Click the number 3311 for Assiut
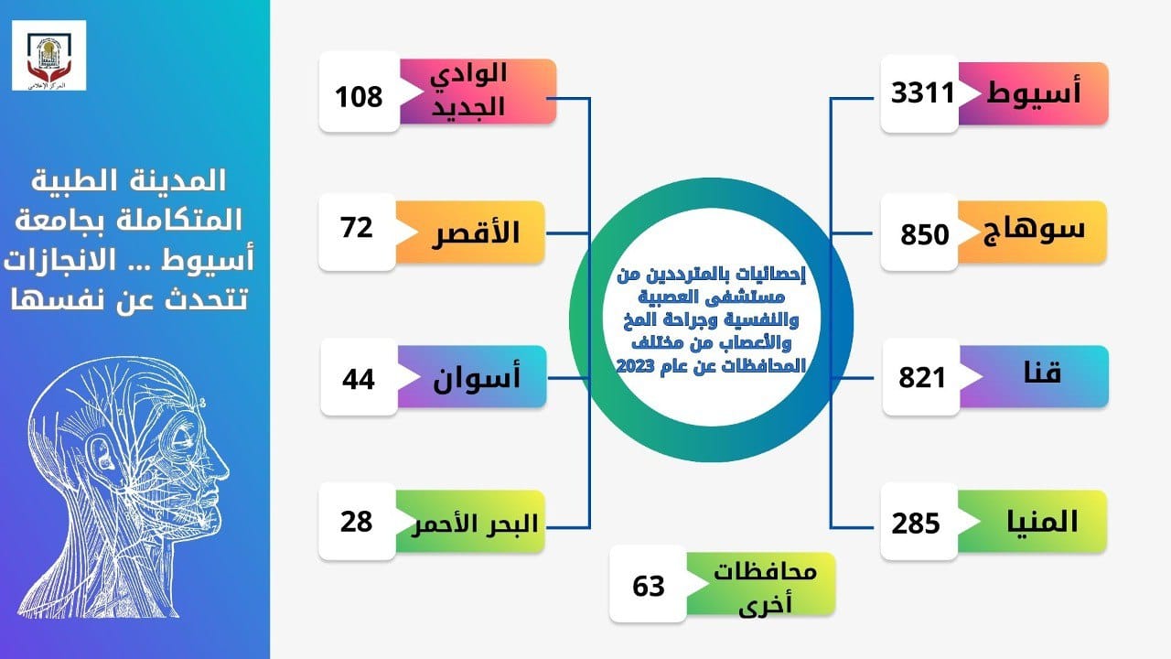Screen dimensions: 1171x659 point(923,93)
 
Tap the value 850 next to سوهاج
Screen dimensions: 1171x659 point(924,234)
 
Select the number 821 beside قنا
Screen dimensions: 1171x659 point(922,377)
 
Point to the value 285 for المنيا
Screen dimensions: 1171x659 point(916,523)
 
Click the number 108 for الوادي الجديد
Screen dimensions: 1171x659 point(359,97)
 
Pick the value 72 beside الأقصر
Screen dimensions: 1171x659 point(357,228)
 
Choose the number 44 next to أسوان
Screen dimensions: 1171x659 point(359,379)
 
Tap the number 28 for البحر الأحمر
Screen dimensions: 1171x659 point(357,522)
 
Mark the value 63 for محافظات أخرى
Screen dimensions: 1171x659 point(649,586)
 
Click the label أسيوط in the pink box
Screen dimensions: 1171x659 point(1034,93)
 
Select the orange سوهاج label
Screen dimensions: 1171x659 point(1034,230)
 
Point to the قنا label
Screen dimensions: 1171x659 point(1042,373)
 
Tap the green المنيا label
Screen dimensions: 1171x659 point(1042,522)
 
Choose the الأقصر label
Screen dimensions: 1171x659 point(476,232)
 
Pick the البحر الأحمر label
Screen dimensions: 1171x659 point(475,524)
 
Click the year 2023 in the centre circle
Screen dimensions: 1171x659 point(635,365)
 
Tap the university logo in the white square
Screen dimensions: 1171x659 point(49,56)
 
